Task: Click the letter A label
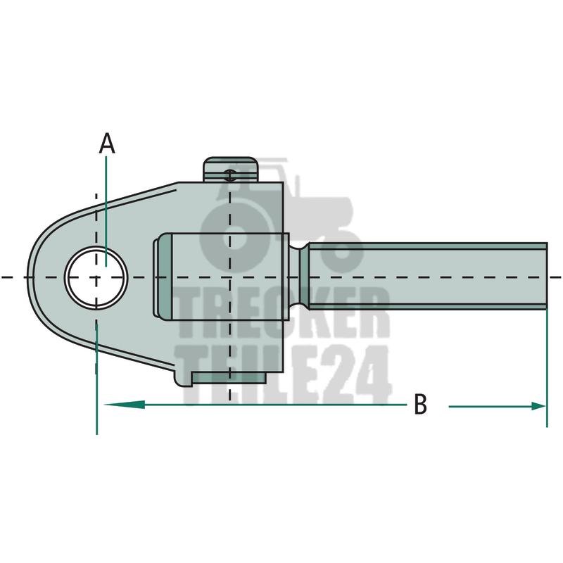tap(107, 144)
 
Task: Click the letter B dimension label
tap(420, 404)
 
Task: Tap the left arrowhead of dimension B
tap(125, 405)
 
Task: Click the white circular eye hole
tap(96, 277)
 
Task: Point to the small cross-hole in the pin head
tap(229, 175)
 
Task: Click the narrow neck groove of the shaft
tap(300, 277)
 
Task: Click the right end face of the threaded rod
tap(546, 277)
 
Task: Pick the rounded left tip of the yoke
tap(30, 277)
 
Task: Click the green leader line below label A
tap(106, 211)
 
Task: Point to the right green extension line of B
tap(547, 369)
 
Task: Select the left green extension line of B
tap(96, 378)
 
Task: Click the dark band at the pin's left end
tap(165, 277)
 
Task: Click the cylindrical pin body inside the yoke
tap(230, 277)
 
